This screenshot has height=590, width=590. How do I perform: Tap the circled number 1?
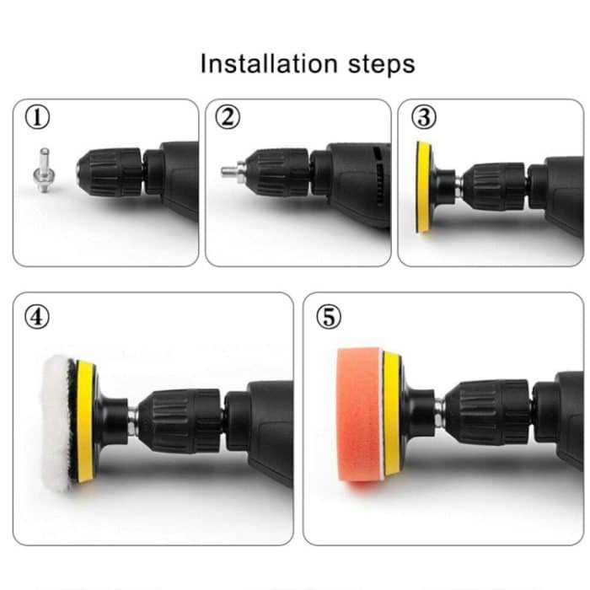pyautogui.click(x=36, y=118)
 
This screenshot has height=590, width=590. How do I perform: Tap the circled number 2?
pyautogui.click(x=228, y=118)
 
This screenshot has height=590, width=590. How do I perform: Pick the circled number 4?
pyautogui.click(x=38, y=317)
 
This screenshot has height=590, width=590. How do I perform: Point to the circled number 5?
pyautogui.click(x=328, y=317)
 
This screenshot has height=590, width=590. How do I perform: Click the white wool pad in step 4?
pyautogui.click(x=57, y=416)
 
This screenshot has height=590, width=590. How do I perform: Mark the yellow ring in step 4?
pyautogui.click(x=84, y=421)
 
